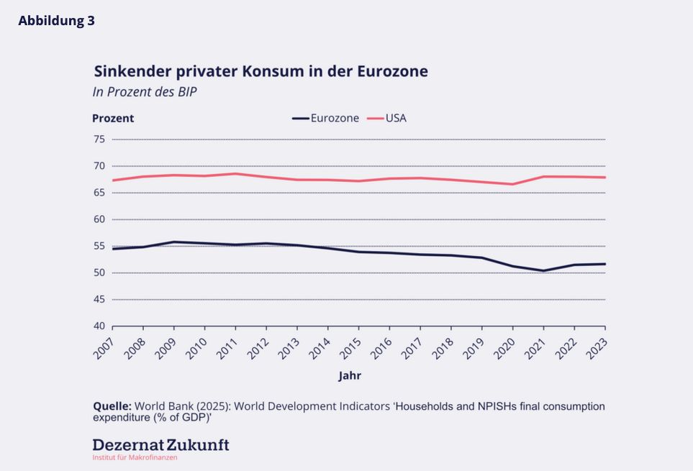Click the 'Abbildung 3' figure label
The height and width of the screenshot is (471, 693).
(57, 21)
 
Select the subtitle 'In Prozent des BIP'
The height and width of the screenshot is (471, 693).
(145, 92)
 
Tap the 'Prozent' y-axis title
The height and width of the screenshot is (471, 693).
(113, 118)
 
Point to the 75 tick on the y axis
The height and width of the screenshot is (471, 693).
(99, 139)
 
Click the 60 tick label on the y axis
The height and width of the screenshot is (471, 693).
(99, 219)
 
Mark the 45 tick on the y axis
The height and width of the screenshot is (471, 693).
(99, 299)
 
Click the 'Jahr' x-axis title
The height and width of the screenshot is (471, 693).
(350, 375)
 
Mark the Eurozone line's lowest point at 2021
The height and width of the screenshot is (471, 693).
(544, 271)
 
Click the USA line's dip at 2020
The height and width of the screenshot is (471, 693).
(513, 184)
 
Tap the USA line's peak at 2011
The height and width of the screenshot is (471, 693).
(235, 173)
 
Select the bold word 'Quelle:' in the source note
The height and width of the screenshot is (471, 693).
(112, 406)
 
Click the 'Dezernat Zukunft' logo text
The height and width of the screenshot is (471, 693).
(160, 444)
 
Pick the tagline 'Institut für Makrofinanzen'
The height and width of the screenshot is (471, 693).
(135, 457)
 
